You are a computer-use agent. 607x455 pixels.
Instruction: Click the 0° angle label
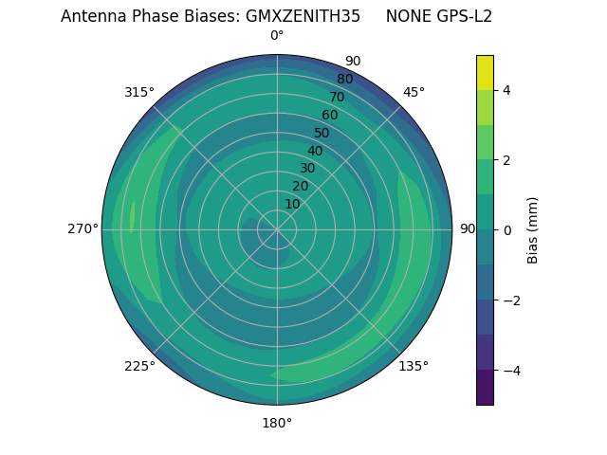pos(277,36)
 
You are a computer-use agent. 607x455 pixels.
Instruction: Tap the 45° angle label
pos(414,93)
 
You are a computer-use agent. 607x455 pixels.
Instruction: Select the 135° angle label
pos(414,366)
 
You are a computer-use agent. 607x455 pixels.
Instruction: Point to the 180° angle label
pos(277,423)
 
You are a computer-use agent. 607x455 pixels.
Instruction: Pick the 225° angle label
pos(139,366)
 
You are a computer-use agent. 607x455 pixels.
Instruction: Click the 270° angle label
pos(83,229)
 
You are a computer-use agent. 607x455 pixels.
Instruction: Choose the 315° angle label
pos(139,93)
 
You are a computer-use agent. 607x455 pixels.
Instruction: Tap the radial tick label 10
pos(292,204)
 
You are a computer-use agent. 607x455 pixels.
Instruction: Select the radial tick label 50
pos(322,134)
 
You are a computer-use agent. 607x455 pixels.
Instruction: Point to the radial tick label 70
pos(337,98)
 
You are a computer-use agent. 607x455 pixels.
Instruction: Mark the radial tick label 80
pos(344,80)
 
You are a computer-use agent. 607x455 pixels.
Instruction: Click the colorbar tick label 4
pos(507,90)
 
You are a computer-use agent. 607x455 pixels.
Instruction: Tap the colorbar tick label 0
pos(507,229)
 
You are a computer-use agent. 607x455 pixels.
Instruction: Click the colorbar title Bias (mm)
pos(533,229)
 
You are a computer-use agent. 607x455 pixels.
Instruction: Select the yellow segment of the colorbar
pos(485,72)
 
